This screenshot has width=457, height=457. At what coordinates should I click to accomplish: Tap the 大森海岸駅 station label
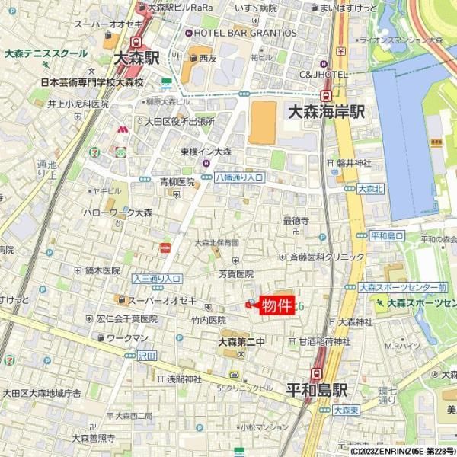[x=326, y=111]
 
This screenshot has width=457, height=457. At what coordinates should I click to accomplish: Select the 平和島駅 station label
[x=317, y=389]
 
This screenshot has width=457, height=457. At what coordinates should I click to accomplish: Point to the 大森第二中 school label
[x=241, y=341]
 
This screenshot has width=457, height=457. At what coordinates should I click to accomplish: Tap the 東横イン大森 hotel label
[x=206, y=152]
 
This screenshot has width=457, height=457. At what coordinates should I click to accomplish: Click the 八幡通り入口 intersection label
[x=238, y=177]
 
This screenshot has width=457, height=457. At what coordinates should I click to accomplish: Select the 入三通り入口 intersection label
[x=156, y=279]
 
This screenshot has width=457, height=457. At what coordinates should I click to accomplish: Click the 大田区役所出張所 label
[x=180, y=121]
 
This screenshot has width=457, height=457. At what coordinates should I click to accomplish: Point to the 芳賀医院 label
[x=235, y=273]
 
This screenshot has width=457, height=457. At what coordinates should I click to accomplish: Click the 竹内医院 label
[x=209, y=321]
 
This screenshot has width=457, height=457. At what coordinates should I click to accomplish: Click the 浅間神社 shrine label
[x=184, y=379]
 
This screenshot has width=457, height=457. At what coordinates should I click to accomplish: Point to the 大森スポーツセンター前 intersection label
[x=402, y=288]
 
